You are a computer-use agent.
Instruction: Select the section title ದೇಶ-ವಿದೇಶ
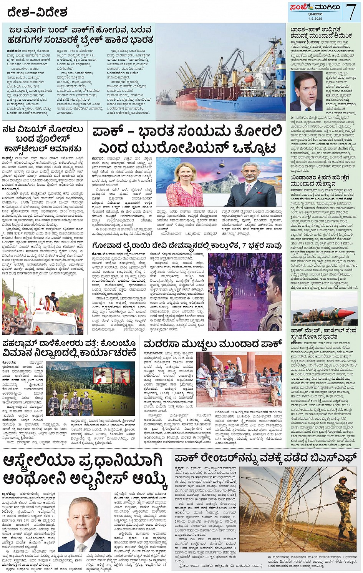tap(37, 12)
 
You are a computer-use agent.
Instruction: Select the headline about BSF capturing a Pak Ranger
tap(265, 458)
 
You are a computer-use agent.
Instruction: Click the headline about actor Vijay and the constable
tap(42, 138)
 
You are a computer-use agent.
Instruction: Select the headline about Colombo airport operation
tap(70, 348)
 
